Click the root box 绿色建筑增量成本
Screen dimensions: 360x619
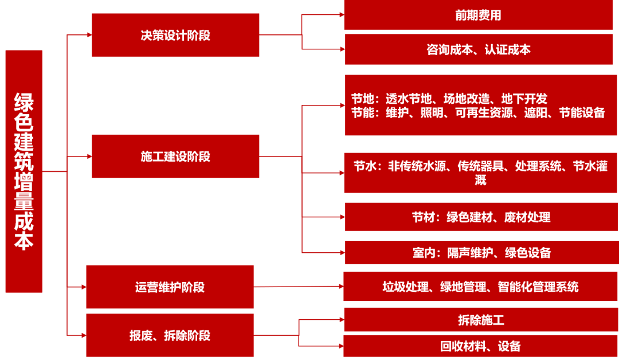click(23, 171)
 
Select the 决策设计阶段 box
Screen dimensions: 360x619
click(175, 35)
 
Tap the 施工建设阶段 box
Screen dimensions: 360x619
click(175, 156)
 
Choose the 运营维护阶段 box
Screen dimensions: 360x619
click(170, 287)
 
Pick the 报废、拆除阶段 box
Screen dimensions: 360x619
click(170, 335)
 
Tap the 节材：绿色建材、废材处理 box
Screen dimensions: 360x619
click(480, 217)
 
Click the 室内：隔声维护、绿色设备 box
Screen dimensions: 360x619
click(480, 252)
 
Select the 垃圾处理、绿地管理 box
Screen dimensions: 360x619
click(480, 286)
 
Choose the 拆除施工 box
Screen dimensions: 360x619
click(480, 320)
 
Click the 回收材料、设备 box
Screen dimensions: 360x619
click(480, 346)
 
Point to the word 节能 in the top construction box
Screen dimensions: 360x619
click(362, 113)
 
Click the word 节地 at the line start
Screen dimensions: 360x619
click(362, 99)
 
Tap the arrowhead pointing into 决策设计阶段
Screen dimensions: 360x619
click(88, 35)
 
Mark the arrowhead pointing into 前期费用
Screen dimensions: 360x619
click(340, 15)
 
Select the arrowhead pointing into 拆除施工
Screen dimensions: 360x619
click(340, 320)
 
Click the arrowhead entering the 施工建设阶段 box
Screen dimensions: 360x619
click(88, 156)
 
